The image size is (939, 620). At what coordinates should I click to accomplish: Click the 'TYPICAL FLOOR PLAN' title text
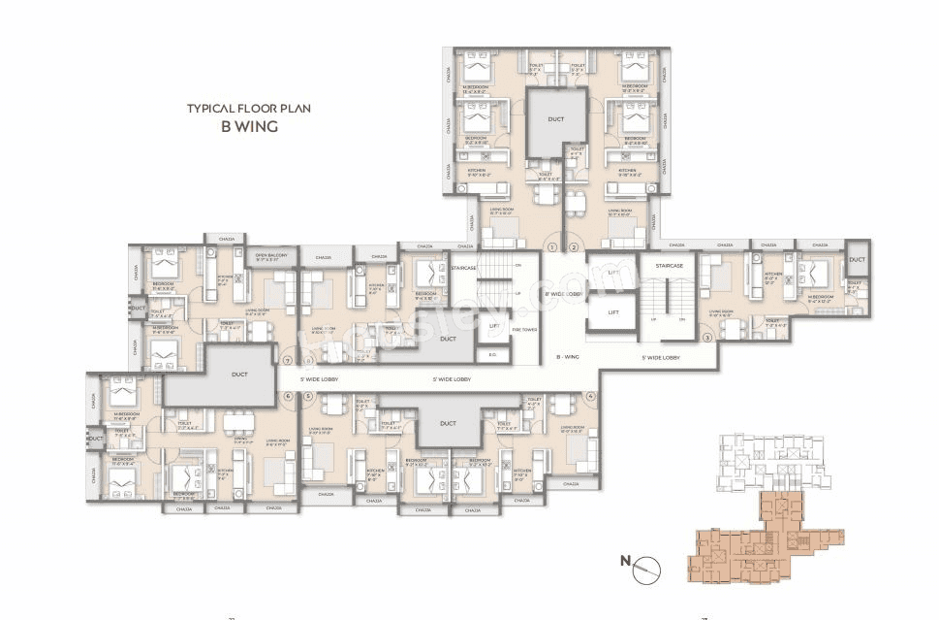pyautogui.click(x=249, y=109)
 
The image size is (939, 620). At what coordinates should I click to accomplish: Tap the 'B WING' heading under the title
pyautogui.click(x=249, y=126)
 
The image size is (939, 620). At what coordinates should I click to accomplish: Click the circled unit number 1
pyautogui.click(x=553, y=247)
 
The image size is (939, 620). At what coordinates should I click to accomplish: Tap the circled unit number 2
pyautogui.click(x=574, y=247)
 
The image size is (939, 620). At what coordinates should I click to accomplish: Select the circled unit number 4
pyautogui.click(x=590, y=396)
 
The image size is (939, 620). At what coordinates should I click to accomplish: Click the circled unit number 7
pyautogui.click(x=287, y=360)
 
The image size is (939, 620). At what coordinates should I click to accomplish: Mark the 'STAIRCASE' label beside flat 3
pyautogui.click(x=671, y=265)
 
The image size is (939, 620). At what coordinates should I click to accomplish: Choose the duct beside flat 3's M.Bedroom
pyautogui.click(x=857, y=261)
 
